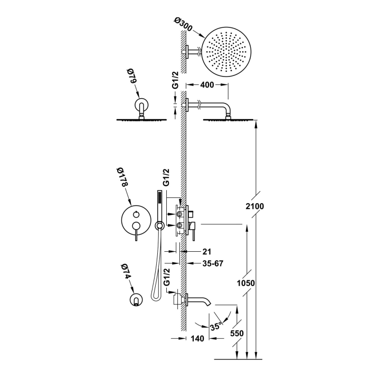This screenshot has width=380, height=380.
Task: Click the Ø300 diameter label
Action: pos(184,24)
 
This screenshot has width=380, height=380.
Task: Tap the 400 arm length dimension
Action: pos(207,85)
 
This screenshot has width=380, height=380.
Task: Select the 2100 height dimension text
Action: pos(254,206)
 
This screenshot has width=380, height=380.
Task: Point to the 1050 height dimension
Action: pos(245,283)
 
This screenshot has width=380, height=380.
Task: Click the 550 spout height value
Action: pos(237,333)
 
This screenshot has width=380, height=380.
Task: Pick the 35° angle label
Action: pos(216,327)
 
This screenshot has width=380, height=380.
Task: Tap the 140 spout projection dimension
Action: pos(197,338)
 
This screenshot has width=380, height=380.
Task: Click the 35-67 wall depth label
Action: pos(213,263)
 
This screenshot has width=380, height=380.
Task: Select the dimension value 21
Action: pos(207,252)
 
